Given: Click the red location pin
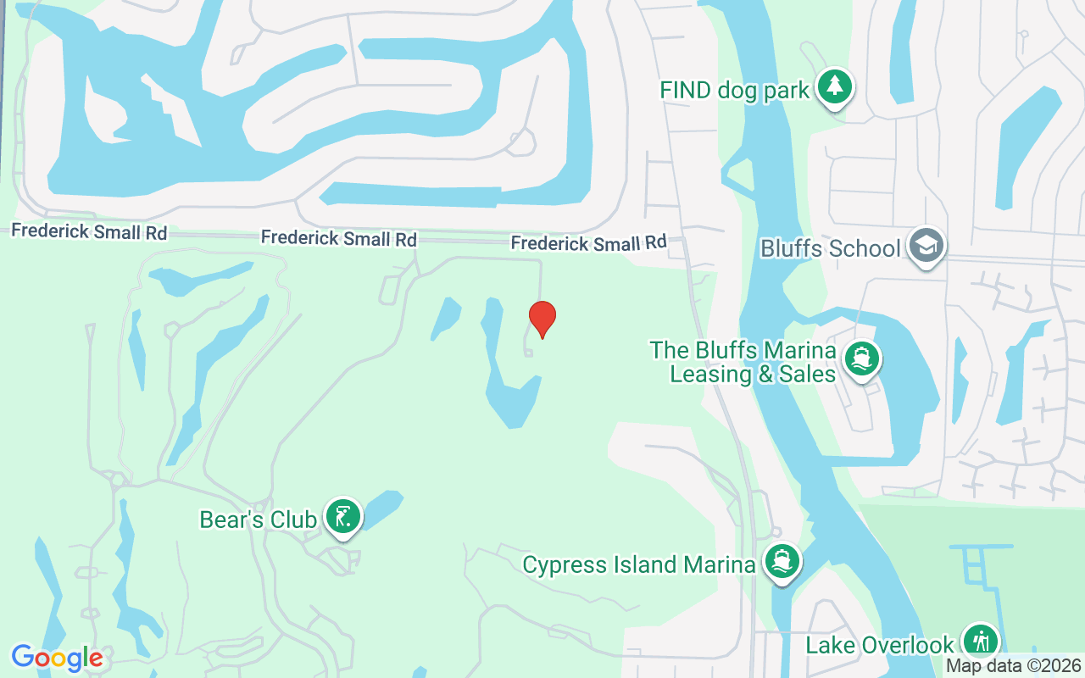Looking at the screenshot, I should (542, 319).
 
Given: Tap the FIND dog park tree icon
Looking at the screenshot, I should (835, 86).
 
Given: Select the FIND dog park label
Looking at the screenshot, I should (735, 90).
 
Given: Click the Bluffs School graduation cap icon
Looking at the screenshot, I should (926, 246).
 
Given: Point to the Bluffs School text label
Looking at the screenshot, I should (830, 249).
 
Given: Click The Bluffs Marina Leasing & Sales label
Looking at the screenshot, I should (743, 362).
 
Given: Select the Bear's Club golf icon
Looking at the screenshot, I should (343, 516).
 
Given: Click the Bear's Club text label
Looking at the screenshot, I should (258, 520).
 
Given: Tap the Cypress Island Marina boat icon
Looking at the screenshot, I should (782, 561).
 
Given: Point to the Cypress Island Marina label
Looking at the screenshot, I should (638, 565).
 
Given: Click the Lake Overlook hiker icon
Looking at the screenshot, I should (981, 641).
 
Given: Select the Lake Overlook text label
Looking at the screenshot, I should (880, 645).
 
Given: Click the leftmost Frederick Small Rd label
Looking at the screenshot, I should (89, 231).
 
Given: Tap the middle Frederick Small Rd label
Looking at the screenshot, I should (338, 238).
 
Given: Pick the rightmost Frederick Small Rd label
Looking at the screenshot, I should (588, 243).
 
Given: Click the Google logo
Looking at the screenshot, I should (57, 658).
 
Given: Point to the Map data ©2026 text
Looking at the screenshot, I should (1013, 666).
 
